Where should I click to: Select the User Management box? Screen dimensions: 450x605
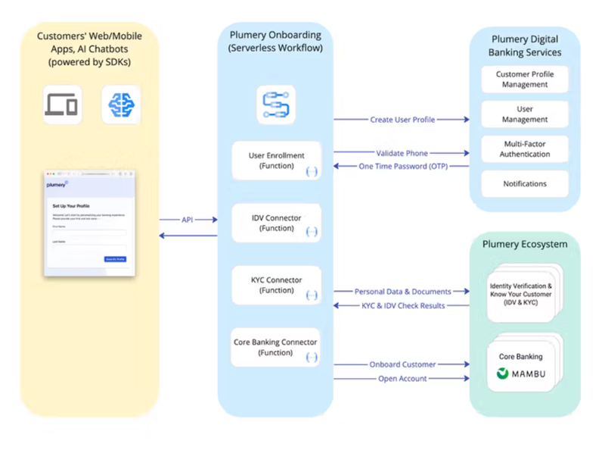coord(524,114)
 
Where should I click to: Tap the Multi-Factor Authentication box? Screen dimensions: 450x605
coord(524,149)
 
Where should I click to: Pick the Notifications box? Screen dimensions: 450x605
coord(524,183)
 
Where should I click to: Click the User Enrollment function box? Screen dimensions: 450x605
coord(275,161)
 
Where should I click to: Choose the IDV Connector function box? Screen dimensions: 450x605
coord(275,223)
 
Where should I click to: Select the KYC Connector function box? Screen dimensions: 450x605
coord(275,285)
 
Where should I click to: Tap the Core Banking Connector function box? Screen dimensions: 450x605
coord(275,347)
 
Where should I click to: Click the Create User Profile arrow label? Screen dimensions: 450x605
coord(402,120)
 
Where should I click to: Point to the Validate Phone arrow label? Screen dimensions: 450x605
coord(402,154)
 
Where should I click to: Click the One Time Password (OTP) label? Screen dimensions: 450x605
coord(402,167)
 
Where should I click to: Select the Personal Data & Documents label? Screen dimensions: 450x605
coord(402,292)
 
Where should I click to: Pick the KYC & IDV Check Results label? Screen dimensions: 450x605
coord(402,305)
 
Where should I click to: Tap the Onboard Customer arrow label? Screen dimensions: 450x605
coord(402,364)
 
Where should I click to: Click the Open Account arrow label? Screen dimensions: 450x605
coord(402,379)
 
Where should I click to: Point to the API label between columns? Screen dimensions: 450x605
coord(188,220)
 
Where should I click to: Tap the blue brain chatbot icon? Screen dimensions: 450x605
coord(121,105)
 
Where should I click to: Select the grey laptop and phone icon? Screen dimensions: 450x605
coord(61,105)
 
